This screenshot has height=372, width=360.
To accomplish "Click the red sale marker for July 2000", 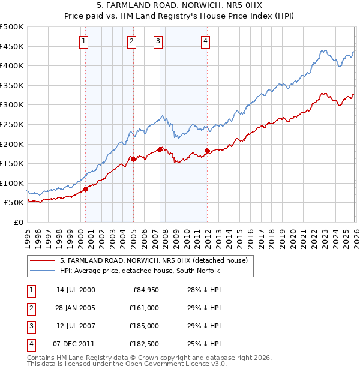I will pyautogui.click(x=85, y=189).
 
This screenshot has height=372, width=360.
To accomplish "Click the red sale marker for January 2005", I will pyautogui.click(x=133, y=159).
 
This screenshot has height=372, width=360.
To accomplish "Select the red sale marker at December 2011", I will pyautogui.click(x=207, y=151).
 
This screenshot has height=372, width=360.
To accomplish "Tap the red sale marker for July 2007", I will pyautogui.click(x=160, y=149).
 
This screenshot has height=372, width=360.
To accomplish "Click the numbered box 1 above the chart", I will pyautogui.click(x=83, y=41).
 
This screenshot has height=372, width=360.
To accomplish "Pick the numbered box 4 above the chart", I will pyautogui.click(x=205, y=41).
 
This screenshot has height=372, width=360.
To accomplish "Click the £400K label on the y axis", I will pyautogui.click(x=12, y=65).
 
